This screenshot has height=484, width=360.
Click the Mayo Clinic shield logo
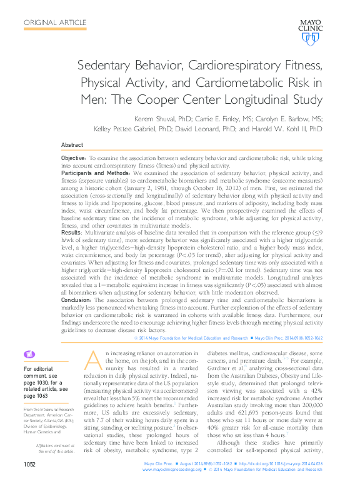(311, 38)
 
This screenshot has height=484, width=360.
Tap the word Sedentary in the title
(109, 66)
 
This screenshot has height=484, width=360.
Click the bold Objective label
(74, 160)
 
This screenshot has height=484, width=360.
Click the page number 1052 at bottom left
(31, 465)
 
